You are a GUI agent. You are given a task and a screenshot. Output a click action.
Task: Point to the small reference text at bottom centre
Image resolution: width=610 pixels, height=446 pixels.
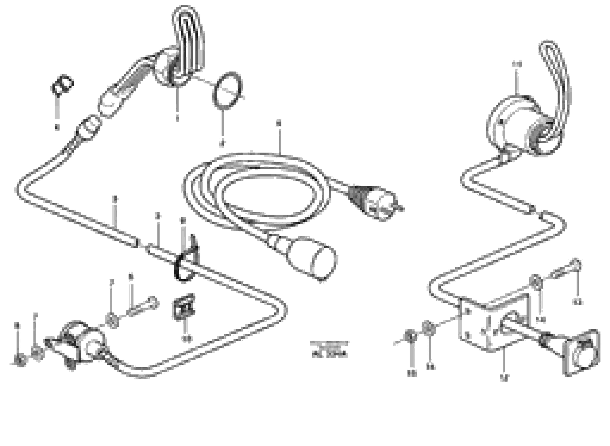coord(329,350)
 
